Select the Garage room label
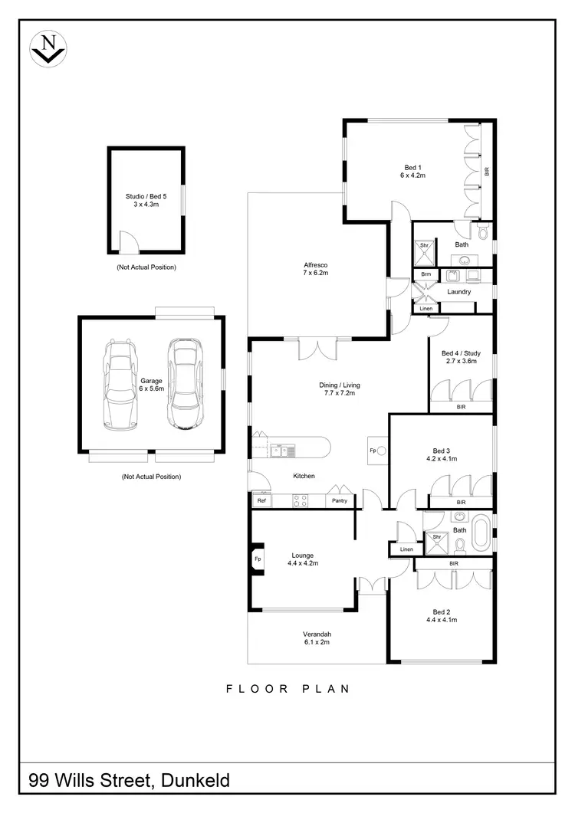[x=150, y=384]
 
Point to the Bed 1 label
[x=413, y=171]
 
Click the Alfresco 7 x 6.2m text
[x=316, y=269]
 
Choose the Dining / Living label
[x=340, y=388]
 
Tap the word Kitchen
[x=304, y=476]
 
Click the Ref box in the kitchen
[x=261, y=500]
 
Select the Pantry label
[x=339, y=500]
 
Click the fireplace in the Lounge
[x=257, y=559]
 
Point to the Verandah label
[x=317, y=638]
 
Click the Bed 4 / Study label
[x=461, y=357]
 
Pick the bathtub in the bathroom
[x=481, y=533]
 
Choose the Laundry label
[x=458, y=291]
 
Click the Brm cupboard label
[x=425, y=274]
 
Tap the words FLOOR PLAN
[x=287, y=689]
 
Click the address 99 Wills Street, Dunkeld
[x=129, y=781]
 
